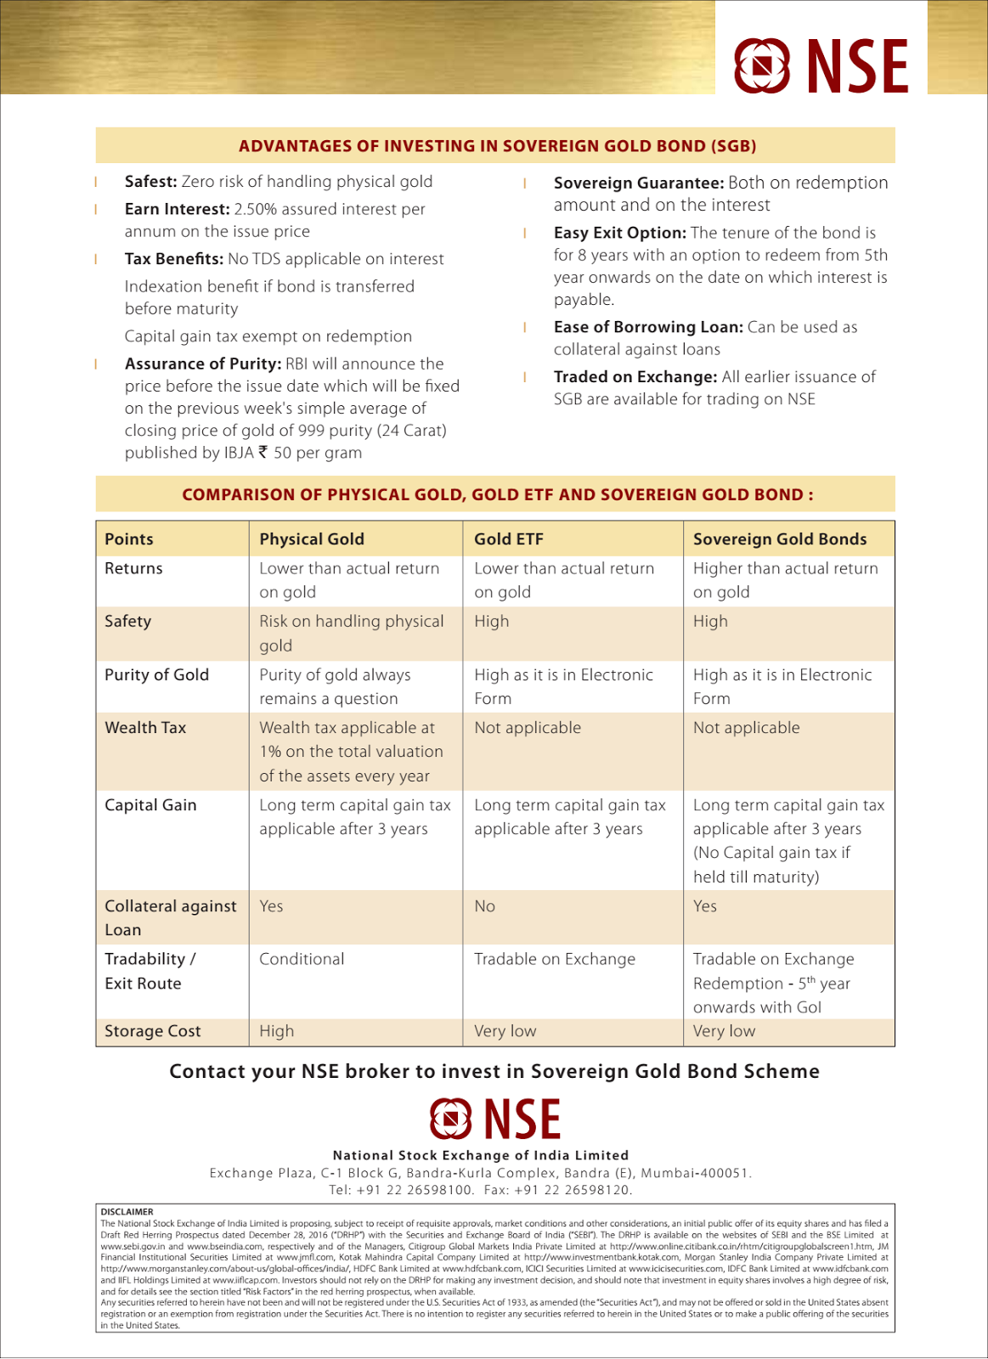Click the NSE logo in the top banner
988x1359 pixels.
tap(821, 65)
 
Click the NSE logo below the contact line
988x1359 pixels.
tap(495, 1119)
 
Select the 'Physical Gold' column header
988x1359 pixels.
tap(312, 539)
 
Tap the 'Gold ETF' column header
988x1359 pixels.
tap(508, 539)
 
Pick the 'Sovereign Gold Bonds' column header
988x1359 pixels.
tap(780, 539)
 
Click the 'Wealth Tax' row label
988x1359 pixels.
tap(145, 728)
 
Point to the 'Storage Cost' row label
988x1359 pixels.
tap(153, 1031)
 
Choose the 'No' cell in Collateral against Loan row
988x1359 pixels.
tap(484, 906)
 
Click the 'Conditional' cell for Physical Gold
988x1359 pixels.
tap(302, 959)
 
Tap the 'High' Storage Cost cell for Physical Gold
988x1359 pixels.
tap(277, 1031)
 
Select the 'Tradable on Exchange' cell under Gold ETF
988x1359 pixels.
tap(555, 959)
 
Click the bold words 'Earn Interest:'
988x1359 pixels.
tap(177, 209)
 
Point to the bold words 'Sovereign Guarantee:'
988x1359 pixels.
tap(639, 183)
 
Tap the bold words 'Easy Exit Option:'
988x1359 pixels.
tap(620, 233)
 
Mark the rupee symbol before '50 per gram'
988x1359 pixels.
tap(263, 452)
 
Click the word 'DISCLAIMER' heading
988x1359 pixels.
tap(127, 1212)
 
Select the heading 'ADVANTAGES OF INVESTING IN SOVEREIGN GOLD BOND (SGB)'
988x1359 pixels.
tap(497, 146)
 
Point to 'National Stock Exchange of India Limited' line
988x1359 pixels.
tap(481, 1155)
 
